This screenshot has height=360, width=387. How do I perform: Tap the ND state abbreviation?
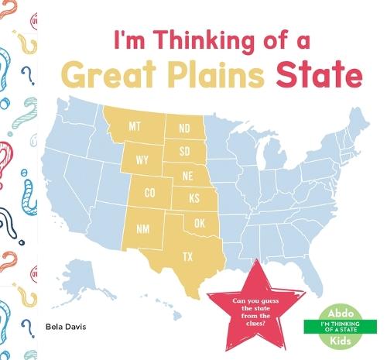(184, 128)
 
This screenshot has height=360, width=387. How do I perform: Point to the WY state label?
(142, 160)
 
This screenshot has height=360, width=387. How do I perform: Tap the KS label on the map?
(194, 199)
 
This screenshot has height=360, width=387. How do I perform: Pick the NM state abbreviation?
(143, 229)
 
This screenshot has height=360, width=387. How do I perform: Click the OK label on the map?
(200, 224)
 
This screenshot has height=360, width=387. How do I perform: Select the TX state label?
(188, 256)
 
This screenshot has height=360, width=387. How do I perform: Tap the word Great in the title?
(108, 77)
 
